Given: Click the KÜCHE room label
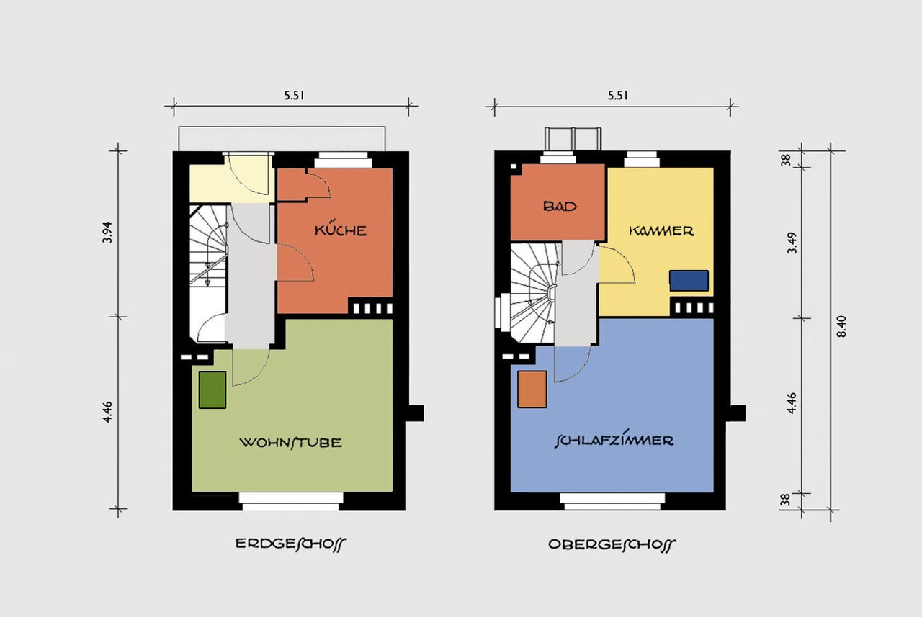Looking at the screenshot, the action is pyautogui.click(x=341, y=229).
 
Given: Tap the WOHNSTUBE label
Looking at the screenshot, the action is pyautogui.click(x=290, y=443).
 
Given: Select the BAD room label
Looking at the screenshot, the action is pyautogui.click(x=560, y=206).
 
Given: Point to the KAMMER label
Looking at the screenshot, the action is pyautogui.click(x=661, y=231).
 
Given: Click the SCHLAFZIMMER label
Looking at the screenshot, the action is pyautogui.click(x=614, y=441).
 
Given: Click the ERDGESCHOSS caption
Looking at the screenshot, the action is pyautogui.click(x=291, y=544).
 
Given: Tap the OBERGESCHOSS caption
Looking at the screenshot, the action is pyautogui.click(x=612, y=544).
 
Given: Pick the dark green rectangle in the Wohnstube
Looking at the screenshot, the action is pyautogui.click(x=212, y=390).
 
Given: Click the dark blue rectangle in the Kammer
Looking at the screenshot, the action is pyautogui.click(x=689, y=281).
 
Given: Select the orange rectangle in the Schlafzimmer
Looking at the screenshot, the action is pyautogui.click(x=532, y=389).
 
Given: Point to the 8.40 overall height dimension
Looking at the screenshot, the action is pyautogui.click(x=842, y=327).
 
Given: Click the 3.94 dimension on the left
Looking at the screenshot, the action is pyautogui.click(x=107, y=233).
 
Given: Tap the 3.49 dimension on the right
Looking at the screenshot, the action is pyautogui.click(x=792, y=243).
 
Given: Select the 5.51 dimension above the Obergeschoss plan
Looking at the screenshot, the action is pyautogui.click(x=618, y=96).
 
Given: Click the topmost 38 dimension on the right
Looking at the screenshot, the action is pyautogui.click(x=786, y=160).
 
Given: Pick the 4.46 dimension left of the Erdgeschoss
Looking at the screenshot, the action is pyautogui.click(x=107, y=412).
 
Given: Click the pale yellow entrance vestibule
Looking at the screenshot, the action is pyautogui.click(x=231, y=184).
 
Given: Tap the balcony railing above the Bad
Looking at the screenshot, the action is pyautogui.click(x=573, y=140).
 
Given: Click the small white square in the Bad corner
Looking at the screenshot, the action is pyautogui.click(x=514, y=167).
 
